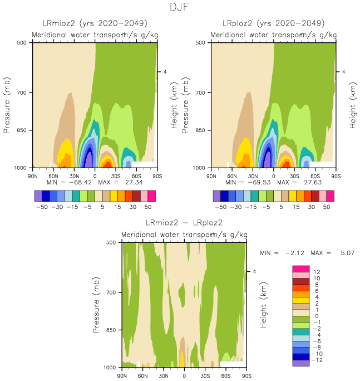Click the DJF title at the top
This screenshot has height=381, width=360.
click(180, 8)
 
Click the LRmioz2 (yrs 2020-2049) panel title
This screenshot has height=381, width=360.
click(95, 23)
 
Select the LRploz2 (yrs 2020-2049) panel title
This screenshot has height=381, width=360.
click(273, 23)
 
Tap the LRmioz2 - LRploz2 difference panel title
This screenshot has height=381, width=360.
click(184, 223)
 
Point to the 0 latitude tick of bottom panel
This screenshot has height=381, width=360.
click(184, 375)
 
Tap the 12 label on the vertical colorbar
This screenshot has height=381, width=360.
click(316, 271)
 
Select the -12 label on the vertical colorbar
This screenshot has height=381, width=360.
click(318, 360)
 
